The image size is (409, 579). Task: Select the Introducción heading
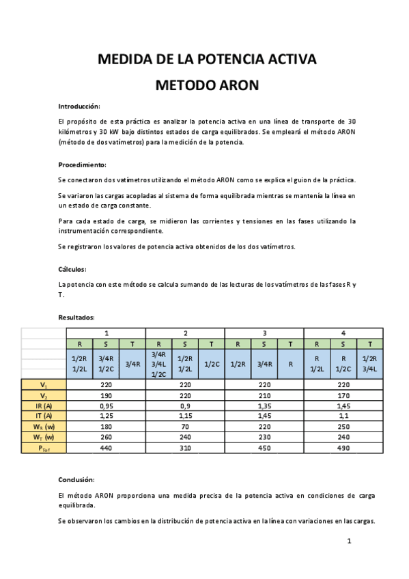[x=79, y=107]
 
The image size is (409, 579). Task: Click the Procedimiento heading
[x=82, y=165]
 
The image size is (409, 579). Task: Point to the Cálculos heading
[x=72, y=269]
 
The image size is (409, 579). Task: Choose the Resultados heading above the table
[x=76, y=317]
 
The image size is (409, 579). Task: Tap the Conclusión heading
[x=76, y=479]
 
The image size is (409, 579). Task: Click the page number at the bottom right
[x=349, y=541]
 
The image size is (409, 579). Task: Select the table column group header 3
[x=264, y=333]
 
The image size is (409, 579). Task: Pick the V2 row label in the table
[x=44, y=395]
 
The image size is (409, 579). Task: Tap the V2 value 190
[x=106, y=395]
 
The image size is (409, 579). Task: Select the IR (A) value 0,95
[x=106, y=406]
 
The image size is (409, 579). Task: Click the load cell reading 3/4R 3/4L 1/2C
[x=158, y=364]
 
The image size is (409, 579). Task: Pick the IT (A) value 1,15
[x=185, y=416]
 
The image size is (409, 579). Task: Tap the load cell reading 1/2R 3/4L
[x=369, y=364]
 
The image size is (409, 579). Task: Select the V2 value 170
[x=343, y=395]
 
